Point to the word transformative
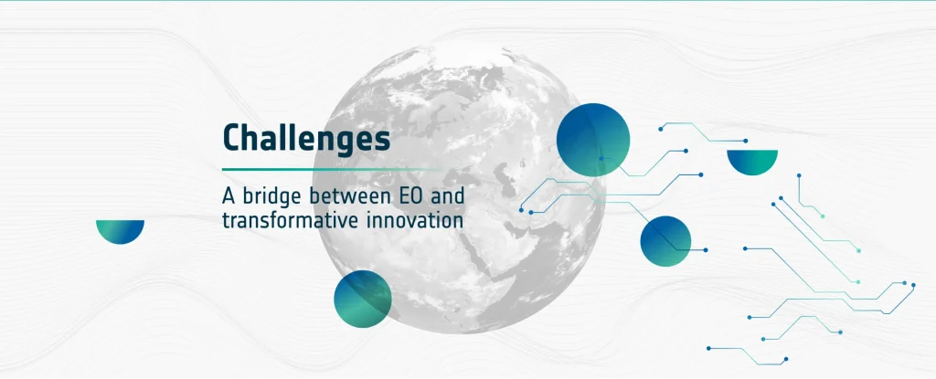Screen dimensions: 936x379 [290, 220]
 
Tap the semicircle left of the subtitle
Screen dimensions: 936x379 [120, 230]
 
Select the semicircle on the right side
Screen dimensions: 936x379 [752, 161]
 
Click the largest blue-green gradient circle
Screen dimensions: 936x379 [592, 140]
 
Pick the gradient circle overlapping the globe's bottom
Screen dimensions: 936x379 [362, 299]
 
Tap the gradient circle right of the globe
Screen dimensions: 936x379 [665, 241]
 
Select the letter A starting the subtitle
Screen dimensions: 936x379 [229, 195]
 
